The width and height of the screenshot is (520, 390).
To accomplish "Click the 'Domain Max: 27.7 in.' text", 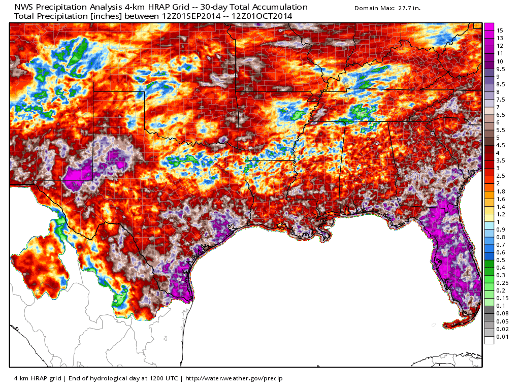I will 387,9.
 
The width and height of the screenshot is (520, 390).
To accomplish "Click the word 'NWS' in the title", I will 24,7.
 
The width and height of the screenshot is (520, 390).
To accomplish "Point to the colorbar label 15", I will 500,30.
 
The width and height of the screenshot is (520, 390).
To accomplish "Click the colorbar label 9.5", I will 501,69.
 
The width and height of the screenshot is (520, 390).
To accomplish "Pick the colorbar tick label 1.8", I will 501,191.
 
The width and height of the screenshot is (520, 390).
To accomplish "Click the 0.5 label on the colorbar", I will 501,260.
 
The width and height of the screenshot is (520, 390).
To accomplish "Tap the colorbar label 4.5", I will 501,145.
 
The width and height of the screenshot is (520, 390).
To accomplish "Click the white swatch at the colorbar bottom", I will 489,340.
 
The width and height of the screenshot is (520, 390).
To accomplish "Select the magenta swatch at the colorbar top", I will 489,27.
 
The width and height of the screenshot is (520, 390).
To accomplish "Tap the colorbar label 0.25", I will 502,283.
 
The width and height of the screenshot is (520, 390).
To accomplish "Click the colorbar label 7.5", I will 501,100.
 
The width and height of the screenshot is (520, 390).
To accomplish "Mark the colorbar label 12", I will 500,46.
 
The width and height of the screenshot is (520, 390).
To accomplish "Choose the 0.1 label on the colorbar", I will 501,306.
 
